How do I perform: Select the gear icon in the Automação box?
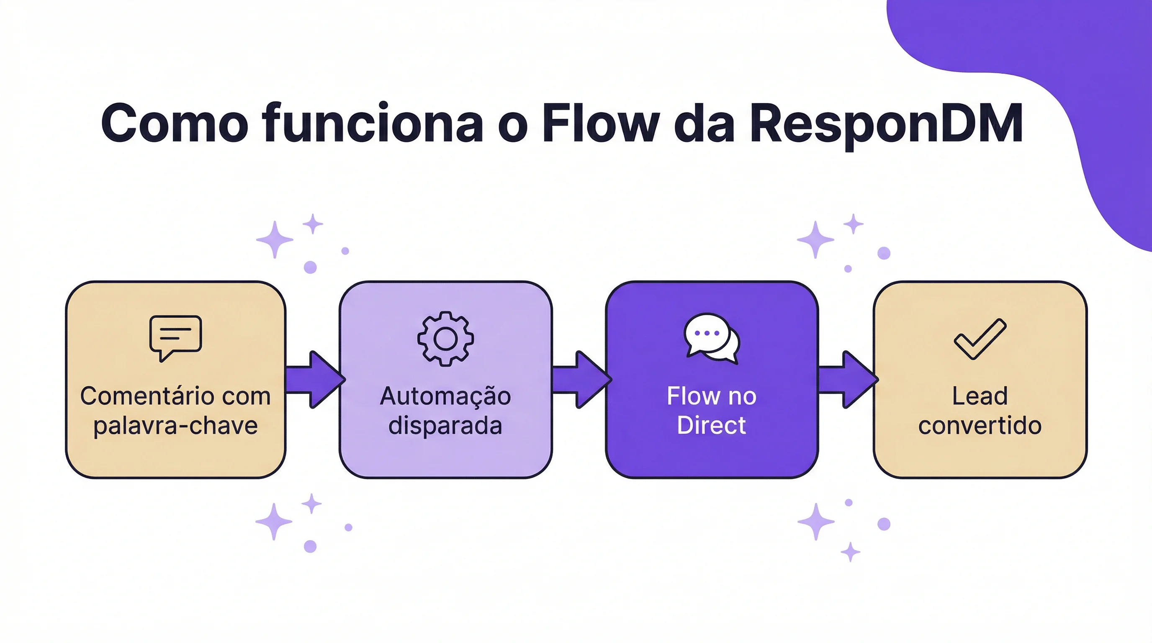tap(445, 339)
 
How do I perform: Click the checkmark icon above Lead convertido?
tap(980, 339)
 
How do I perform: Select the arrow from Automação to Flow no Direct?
tap(581, 380)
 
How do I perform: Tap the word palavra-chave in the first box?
tap(175, 426)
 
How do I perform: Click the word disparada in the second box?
tap(445, 425)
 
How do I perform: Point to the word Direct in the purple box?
tap(711, 425)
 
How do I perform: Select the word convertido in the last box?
tap(980, 425)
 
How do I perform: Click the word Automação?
tap(445, 396)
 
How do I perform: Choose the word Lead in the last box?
tap(980, 396)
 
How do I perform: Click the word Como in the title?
tap(175, 123)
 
